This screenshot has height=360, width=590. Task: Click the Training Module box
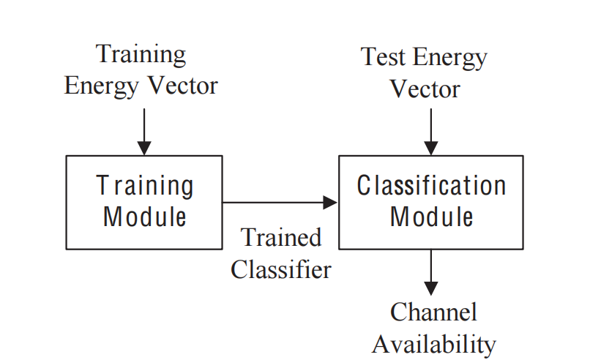point(144,202)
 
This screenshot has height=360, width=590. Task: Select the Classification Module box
point(431,202)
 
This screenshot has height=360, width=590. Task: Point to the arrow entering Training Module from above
point(144,132)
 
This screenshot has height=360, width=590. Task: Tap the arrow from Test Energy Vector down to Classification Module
point(431,132)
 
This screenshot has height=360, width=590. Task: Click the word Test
point(384,58)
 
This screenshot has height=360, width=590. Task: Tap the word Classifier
point(281,269)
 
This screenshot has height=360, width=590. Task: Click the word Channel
point(433,312)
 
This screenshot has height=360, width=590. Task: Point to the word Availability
point(433,343)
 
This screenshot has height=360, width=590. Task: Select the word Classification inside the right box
point(431,186)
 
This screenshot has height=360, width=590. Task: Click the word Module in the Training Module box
point(144,217)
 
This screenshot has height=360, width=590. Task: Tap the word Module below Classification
point(431,217)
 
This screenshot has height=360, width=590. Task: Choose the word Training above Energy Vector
point(141,54)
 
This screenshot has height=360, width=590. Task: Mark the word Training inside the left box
point(145,186)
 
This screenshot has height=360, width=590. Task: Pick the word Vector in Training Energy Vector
point(183,86)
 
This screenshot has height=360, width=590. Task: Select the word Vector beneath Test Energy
point(425,89)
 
